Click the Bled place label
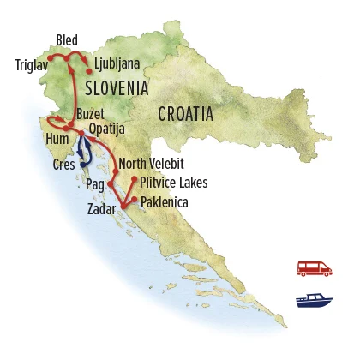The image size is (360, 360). coord(67,39)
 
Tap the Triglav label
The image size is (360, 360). coord(32,64)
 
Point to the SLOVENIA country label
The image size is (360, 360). coord(117,87)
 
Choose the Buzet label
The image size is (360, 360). coord(93,113)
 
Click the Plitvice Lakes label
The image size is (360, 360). coord(174,183)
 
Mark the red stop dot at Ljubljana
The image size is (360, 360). coord(89,71)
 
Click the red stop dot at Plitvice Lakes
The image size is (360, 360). coord(135,179)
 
